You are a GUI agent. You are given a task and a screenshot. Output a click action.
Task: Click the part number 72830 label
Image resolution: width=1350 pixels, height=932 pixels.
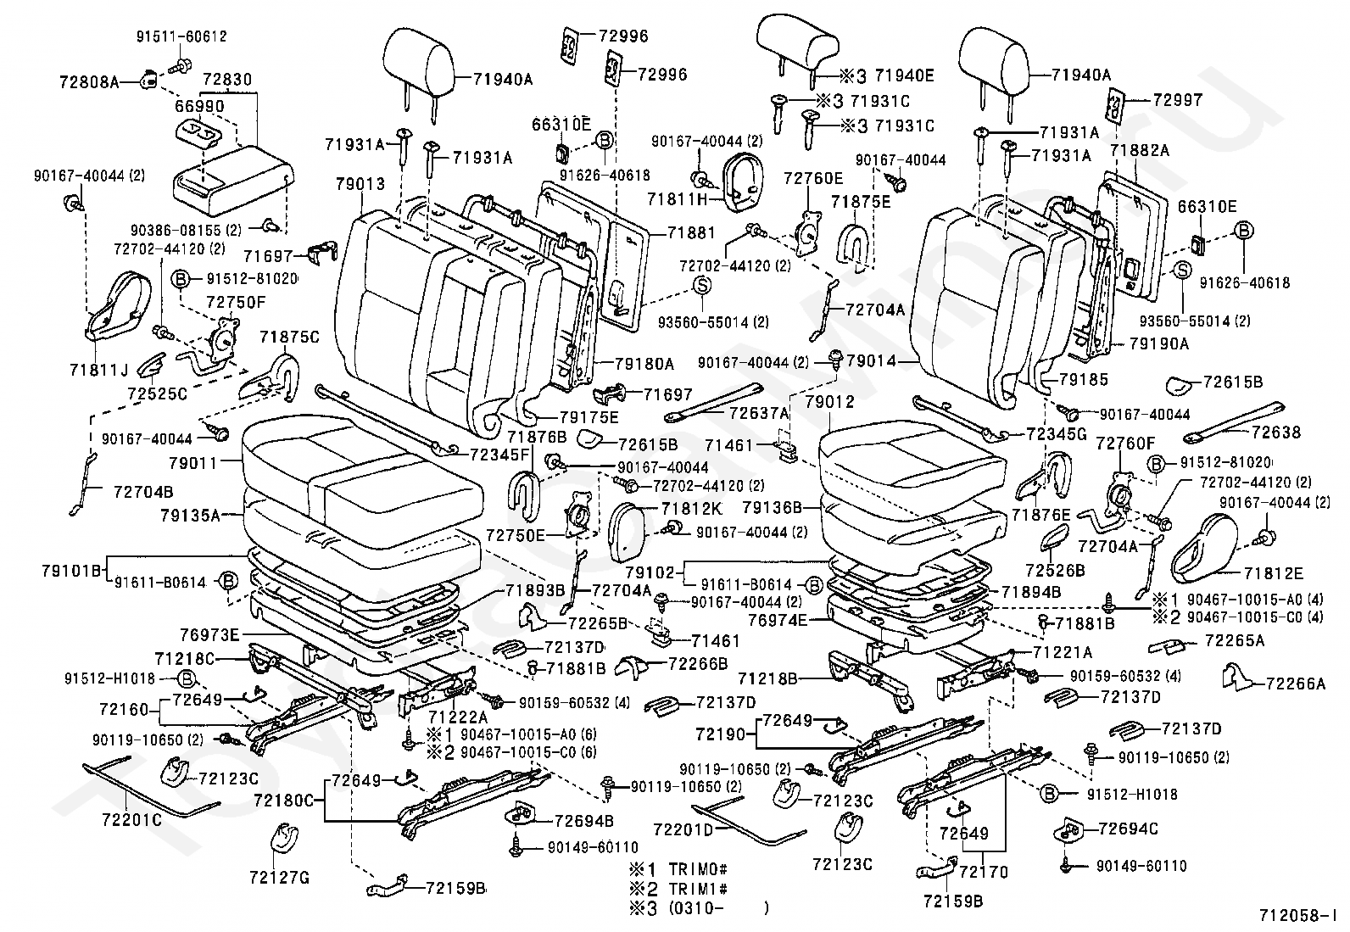(x=226, y=78)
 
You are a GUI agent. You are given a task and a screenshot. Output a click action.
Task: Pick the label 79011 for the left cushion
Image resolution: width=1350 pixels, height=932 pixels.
(x=194, y=463)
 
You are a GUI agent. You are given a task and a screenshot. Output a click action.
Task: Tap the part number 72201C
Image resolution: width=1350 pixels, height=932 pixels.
(x=131, y=820)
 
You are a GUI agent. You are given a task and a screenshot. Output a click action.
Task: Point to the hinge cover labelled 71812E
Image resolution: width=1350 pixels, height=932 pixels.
(x=1204, y=551)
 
